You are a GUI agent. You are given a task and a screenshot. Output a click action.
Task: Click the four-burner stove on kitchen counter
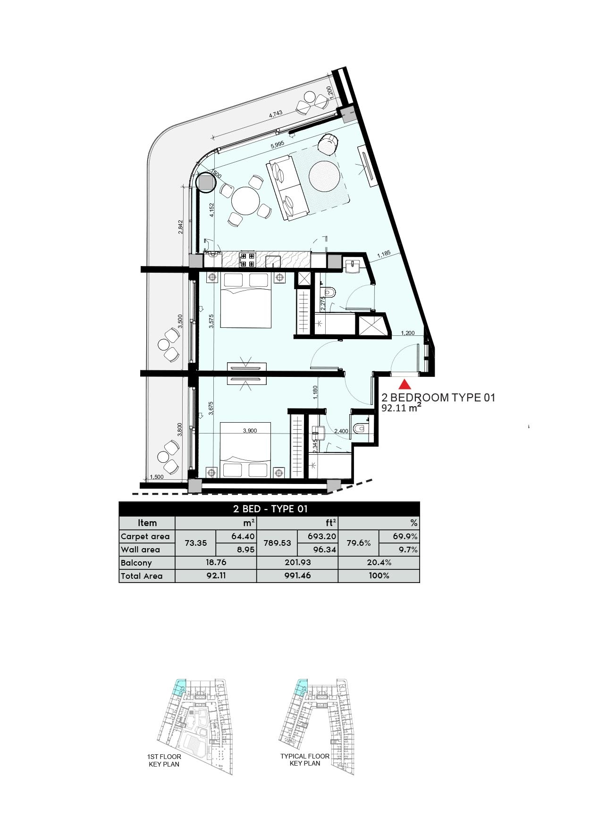[247, 260]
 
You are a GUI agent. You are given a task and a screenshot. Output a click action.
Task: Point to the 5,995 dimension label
[277, 146]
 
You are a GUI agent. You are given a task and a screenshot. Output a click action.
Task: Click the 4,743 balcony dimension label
[276, 115]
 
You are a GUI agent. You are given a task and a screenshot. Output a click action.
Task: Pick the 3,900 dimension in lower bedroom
[250, 431]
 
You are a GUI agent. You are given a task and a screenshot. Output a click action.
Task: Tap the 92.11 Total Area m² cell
[215, 575]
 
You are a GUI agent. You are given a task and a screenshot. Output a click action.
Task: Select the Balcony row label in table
[136, 563]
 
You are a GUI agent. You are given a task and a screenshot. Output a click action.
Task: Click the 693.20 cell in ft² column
[318, 536]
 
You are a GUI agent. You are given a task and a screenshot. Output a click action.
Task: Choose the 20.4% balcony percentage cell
[379, 563]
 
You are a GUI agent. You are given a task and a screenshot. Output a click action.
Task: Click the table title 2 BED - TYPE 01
[270, 509]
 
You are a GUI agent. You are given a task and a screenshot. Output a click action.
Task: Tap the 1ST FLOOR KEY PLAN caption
[164, 760]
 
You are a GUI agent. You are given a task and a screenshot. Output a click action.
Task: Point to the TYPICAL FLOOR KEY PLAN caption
[305, 759]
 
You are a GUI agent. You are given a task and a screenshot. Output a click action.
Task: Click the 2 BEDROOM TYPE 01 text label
[438, 398]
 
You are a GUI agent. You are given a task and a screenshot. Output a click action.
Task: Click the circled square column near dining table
[206, 183]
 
